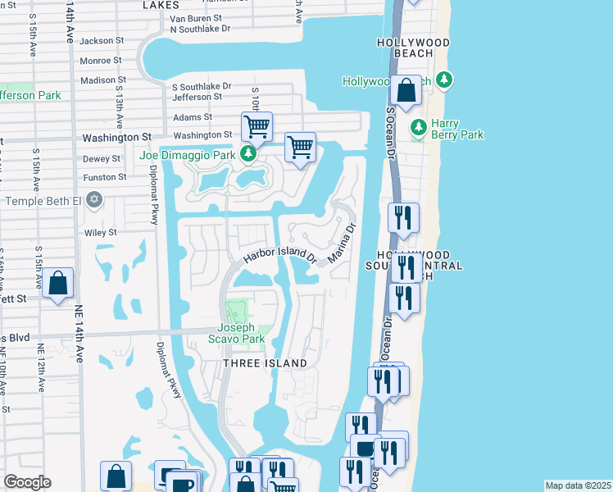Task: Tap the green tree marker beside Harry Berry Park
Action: tap(418, 126)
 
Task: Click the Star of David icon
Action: tap(94, 199)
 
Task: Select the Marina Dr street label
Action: tap(343, 244)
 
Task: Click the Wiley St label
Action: tap(101, 232)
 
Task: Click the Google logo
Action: tap(27, 482)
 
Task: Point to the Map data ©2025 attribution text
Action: tap(578, 485)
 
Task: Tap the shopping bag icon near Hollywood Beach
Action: tap(406, 89)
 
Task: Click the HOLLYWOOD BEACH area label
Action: tap(414, 48)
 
